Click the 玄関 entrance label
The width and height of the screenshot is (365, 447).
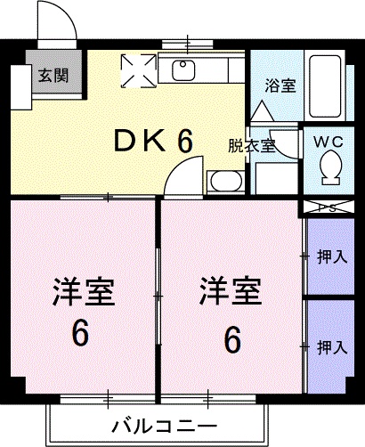[53, 75]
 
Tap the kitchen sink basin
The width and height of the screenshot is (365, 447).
[183, 70]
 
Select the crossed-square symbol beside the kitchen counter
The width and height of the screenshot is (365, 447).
[139, 71]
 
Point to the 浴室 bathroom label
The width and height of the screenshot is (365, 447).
[280, 85]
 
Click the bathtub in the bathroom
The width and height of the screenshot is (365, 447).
[325, 86]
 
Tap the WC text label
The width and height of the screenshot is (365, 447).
[328, 142]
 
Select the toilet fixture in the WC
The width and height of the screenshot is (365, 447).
[330, 167]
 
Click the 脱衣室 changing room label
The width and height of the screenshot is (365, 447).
[252, 146]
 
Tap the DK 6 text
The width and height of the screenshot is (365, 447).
[154, 141]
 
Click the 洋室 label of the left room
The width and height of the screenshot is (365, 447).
[84, 291]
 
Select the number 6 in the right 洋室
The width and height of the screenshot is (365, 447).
[232, 339]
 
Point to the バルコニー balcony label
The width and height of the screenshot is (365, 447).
[164, 427]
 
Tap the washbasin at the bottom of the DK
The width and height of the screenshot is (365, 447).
[226, 182]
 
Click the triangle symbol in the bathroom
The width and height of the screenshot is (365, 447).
[262, 110]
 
